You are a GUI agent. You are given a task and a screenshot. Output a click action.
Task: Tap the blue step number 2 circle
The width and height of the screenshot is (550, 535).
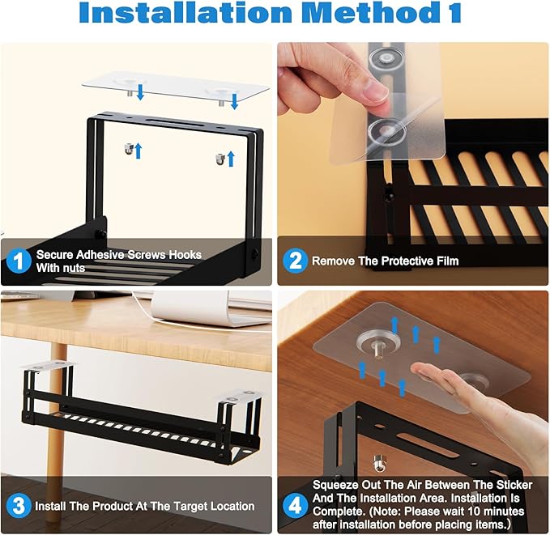294,261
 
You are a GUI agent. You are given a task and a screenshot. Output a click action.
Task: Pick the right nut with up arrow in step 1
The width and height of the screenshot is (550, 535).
220,153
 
